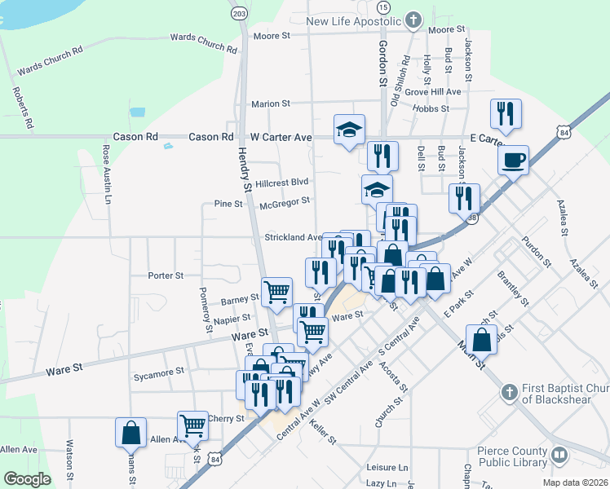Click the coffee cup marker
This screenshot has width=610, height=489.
click(x=513, y=159)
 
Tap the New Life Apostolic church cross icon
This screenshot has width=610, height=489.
click(x=413, y=20)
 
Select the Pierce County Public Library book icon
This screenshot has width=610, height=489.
click(x=559, y=455)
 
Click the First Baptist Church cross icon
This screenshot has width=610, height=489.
click(x=509, y=392)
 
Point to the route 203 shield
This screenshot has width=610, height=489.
click(x=239, y=14)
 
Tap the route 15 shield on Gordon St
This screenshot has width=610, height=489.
click(x=382, y=7)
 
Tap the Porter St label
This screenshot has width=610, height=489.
click(x=166, y=275)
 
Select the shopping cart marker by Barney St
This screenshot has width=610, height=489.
click(x=277, y=292)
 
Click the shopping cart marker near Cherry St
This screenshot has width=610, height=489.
click(x=192, y=425)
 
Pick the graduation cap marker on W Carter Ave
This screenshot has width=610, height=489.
click(x=349, y=129)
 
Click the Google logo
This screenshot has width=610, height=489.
click(x=27, y=479)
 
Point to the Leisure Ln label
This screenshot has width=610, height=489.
click(x=387, y=468)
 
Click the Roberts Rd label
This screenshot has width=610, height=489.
click(x=23, y=108)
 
